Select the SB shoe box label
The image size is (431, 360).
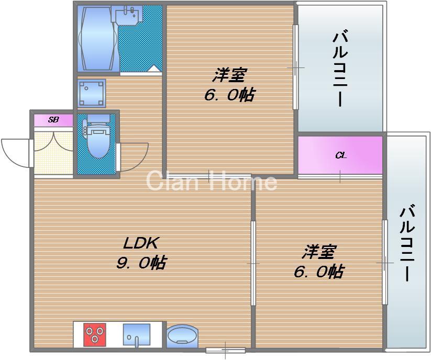(x=53, y=120)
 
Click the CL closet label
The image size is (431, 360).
(x=340, y=155)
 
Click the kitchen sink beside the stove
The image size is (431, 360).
(x=136, y=334)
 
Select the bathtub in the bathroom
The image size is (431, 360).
(x=97, y=38)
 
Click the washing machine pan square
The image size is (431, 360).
(x=92, y=93)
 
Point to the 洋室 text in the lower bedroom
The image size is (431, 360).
(x=318, y=252)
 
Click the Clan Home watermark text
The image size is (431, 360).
(x=211, y=182)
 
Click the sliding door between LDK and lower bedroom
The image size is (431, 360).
(x=253, y=262)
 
